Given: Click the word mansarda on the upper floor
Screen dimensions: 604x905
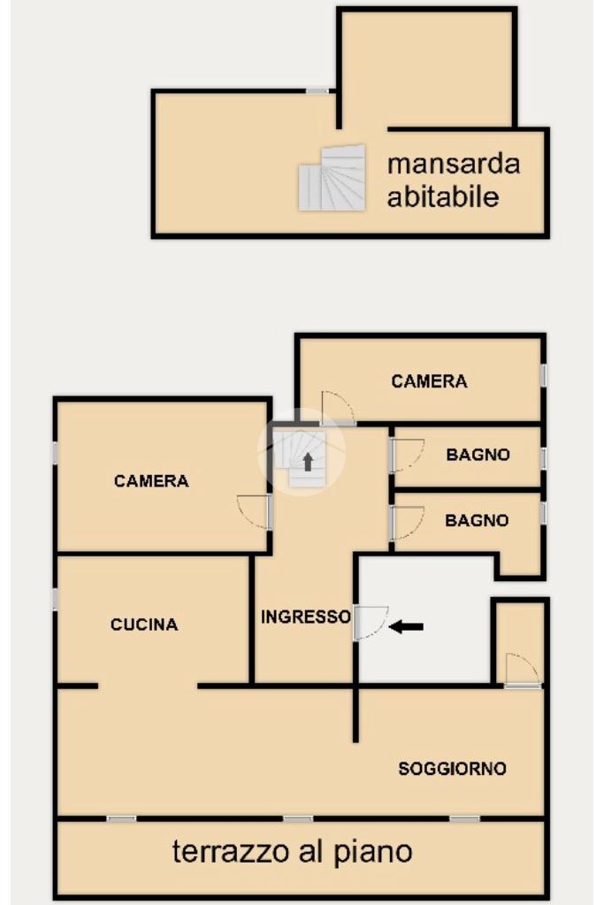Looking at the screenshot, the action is tap(454, 164).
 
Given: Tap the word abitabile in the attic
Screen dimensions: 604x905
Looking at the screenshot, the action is tap(442, 196).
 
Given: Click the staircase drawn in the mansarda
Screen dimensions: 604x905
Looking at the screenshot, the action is tap(333, 178).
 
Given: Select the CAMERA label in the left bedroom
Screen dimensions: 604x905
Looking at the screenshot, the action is tap(151, 480).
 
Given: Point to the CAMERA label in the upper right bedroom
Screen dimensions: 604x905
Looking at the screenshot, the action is tap(429, 381).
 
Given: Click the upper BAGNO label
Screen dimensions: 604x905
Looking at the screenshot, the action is tap(478, 455).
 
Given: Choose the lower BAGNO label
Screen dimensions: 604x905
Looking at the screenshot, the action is tap(477, 520).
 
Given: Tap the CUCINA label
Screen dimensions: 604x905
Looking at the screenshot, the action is tap(144, 625).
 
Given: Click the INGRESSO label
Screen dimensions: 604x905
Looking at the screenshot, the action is tap(306, 617).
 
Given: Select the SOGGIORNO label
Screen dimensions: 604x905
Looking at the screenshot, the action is tap(452, 769).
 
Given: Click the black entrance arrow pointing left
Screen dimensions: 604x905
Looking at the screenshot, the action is tap(406, 626).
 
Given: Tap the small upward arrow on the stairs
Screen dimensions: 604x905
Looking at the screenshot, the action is tap(308, 462).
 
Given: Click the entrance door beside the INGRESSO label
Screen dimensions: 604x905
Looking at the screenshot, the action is tap(371, 622).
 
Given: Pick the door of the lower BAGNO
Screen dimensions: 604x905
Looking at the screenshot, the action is tap(407, 522).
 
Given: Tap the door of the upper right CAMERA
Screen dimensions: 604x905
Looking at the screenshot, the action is tap(338, 409).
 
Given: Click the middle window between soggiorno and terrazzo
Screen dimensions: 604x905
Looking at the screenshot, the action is tap(298, 818).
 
